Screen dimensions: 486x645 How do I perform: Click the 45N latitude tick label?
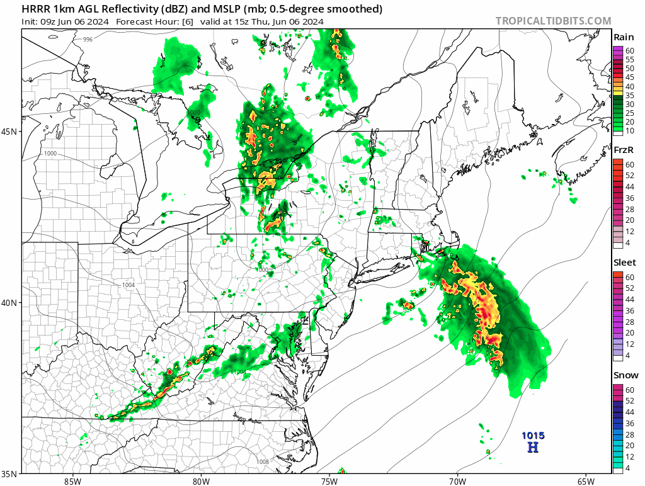(x=11, y=132)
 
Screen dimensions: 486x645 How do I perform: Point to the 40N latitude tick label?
(x=11, y=303)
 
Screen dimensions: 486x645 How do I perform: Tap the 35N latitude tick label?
(x=11, y=473)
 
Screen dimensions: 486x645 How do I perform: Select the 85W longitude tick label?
(x=72, y=481)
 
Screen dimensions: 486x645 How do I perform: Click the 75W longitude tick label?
(x=329, y=481)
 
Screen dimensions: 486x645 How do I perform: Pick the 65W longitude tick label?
(x=585, y=481)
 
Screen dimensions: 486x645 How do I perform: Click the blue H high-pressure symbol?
(x=533, y=448)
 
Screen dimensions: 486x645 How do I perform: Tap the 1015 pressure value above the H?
(x=533, y=436)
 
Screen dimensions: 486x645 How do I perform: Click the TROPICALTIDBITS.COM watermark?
(x=553, y=21)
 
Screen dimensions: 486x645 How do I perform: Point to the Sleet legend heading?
(x=625, y=263)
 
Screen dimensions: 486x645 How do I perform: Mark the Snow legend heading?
(x=624, y=376)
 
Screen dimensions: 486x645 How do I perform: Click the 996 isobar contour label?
(x=88, y=40)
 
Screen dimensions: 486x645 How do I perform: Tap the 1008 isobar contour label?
(x=263, y=462)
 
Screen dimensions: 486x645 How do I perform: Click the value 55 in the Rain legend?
(x=629, y=59)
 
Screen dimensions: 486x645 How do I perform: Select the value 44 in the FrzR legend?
(x=629, y=187)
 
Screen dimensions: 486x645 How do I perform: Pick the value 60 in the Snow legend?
(x=629, y=390)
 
